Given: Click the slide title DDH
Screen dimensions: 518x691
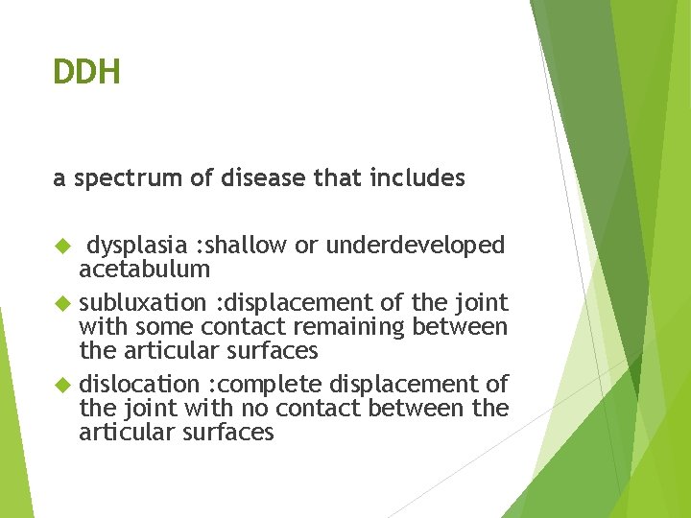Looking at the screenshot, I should click(86, 71).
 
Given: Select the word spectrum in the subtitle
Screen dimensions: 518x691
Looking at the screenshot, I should click(118, 178).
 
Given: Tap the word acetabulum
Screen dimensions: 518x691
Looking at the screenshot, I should click(144, 270).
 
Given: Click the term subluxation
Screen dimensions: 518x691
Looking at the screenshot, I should click(142, 303).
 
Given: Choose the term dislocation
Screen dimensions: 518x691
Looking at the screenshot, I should click(140, 385).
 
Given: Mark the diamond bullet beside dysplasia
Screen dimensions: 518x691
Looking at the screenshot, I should click(60, 247).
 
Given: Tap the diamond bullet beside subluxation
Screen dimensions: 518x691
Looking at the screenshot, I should click(60, 303).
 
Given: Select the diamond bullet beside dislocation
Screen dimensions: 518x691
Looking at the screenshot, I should click(60, 385).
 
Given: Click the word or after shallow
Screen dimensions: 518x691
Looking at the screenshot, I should click(306, 247).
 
